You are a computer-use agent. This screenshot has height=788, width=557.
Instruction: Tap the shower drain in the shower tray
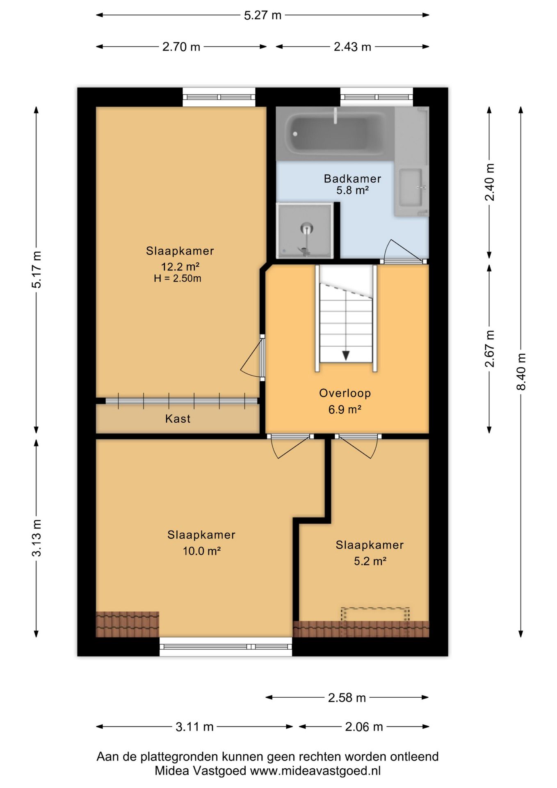[307, 228]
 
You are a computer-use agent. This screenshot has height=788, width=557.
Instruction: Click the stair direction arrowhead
[346, 355]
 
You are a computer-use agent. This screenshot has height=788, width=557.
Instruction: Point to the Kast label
[178, 419]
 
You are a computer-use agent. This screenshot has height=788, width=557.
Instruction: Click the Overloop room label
[345, 393]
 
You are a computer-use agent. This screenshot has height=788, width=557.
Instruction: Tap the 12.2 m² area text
[180, 267]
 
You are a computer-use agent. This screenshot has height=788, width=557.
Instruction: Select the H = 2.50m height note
[178, 278]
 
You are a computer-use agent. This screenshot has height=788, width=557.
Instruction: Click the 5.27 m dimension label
[263, 15]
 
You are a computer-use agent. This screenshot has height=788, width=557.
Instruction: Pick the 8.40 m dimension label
[521, 372]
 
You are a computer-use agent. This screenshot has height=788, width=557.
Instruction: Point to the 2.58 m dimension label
[347, 698]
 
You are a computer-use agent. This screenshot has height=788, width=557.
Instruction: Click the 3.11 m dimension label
[194, 727]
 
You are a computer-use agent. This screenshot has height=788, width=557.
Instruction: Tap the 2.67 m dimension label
[489, 348]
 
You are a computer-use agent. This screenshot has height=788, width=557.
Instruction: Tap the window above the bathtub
[377, 97]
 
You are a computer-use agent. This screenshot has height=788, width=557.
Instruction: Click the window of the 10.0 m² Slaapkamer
[226, 647]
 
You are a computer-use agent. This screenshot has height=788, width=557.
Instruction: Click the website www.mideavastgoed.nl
[315, 771]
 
